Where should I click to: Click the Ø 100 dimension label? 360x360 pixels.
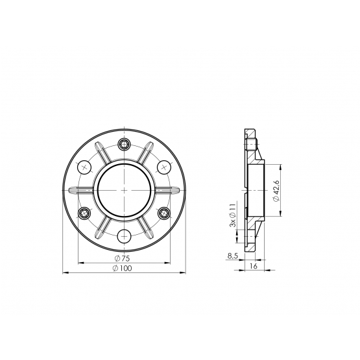point(123,268)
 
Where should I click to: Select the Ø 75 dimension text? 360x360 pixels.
point(122,259)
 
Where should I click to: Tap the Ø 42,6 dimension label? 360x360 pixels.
point(277,191)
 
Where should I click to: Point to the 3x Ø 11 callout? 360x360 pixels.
point(233,215)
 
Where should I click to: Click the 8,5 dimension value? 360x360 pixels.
point(232,256)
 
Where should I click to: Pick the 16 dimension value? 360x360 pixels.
point(254,266)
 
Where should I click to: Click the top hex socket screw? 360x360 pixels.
point(124,145)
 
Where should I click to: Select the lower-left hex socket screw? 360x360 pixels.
point(84,213)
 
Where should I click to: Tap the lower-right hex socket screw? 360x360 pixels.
point(164,213)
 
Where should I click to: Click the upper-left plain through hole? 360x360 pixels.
point(84,167)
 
